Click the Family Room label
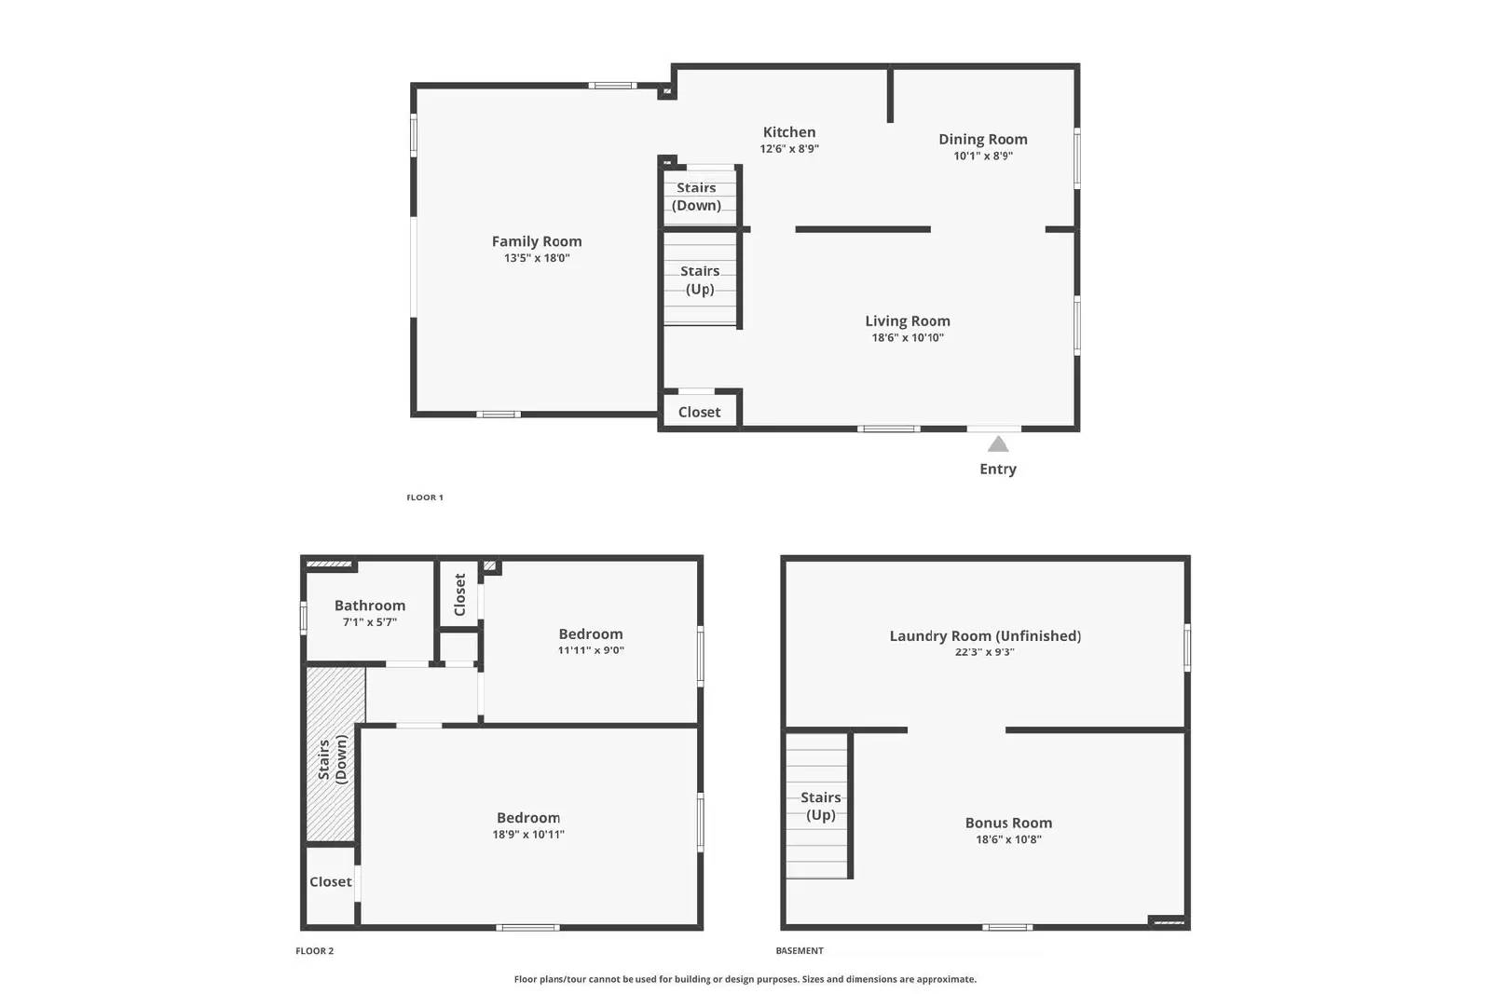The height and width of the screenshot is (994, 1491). tap(537, 241)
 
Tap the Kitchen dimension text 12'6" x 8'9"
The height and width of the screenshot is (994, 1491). tap(789, 149)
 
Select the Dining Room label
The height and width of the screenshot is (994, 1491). tap(983, 139)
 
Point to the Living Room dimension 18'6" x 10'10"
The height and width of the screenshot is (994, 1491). tap(908, 338)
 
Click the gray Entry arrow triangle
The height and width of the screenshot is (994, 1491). tap(998, 444)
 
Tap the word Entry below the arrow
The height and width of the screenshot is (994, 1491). tap(998, 469)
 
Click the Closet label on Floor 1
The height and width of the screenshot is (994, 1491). tap(699, 412)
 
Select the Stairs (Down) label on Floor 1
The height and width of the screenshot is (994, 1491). tap(697, 197)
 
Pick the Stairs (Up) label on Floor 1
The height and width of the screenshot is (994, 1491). tap(700, 279)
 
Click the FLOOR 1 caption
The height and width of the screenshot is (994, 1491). tap(425, 497)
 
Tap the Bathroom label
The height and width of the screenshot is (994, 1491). tap(370, 606)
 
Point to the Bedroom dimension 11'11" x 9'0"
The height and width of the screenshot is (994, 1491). tap(591, 650)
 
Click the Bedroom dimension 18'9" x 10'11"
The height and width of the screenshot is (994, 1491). tap(528, 835)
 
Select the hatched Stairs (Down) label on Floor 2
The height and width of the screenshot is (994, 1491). tap(333, 759)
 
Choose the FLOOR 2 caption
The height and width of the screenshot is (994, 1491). tap(315, 951)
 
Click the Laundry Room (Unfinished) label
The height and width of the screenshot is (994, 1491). tap(985, 635)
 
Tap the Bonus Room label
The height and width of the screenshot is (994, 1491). tap(1008, 823)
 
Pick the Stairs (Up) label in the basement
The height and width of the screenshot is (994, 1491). tap(821, 806)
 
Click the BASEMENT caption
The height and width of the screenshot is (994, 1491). tap(800, 951)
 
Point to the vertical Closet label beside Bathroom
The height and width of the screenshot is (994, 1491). tap(459, 594)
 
